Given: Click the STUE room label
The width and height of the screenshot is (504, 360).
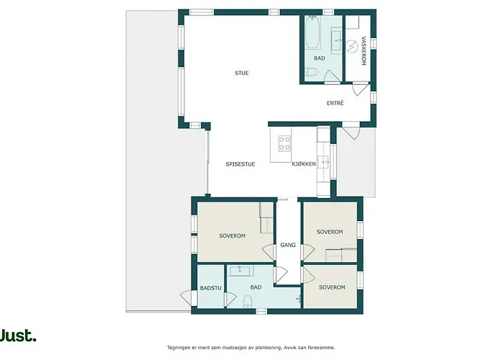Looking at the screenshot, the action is tap(242, 73).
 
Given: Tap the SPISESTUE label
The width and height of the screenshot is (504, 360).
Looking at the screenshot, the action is tap(240, 164).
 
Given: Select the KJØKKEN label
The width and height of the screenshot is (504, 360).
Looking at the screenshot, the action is tap(304, 164).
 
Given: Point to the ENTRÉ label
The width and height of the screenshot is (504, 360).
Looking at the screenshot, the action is tap(335, 103).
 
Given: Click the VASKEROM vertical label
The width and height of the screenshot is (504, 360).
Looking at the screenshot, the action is tap(364, 51).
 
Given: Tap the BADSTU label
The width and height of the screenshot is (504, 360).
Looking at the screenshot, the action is tap(210, 288).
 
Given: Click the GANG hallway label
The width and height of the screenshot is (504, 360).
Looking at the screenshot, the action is tap(288, 245).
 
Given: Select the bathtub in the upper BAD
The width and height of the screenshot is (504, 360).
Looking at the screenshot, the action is tap(312, 32).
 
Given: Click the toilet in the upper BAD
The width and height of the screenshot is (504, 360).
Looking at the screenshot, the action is tap(311, 72).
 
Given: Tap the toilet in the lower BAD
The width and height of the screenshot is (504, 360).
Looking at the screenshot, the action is tap(248, 302).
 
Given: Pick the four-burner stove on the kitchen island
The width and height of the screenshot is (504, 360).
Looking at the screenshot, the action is tap(284, 143).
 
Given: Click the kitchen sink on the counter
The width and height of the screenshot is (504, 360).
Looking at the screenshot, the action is tap(323, 162).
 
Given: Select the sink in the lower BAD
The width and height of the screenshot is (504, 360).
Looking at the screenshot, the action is tap(241, 271).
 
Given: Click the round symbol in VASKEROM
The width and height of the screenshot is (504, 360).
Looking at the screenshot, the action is tap(352, 46).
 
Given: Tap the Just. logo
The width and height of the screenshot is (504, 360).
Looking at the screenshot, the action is tap(18, 336).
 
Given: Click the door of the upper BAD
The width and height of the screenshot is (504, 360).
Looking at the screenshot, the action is tap(332, 77).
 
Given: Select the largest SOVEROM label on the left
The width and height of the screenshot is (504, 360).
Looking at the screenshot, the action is tap(232, 236).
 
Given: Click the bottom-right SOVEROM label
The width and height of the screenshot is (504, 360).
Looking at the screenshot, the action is tap(332, 287).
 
